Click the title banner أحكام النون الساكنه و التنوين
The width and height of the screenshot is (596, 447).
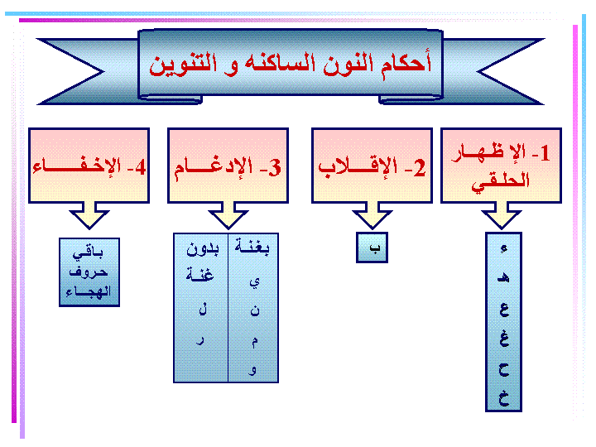(291, 64)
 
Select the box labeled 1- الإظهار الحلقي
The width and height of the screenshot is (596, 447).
(501, 166)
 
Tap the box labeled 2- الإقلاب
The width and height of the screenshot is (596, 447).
(372, 166)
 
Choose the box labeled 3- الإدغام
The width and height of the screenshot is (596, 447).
(228, 166)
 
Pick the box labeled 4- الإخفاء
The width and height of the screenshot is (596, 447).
(89, 166)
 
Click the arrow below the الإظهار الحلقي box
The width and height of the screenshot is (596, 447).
(502, 216)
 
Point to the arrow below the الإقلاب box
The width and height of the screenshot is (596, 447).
(372, 216)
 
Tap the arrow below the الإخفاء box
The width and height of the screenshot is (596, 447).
(89, 216)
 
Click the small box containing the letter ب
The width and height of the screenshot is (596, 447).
(372, 248)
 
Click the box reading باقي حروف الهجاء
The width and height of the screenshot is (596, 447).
(89, 272)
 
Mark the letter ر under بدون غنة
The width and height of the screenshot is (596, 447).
(201, 340)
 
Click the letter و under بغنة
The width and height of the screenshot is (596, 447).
(253, 370)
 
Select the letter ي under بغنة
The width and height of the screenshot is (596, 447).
(254, 282)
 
